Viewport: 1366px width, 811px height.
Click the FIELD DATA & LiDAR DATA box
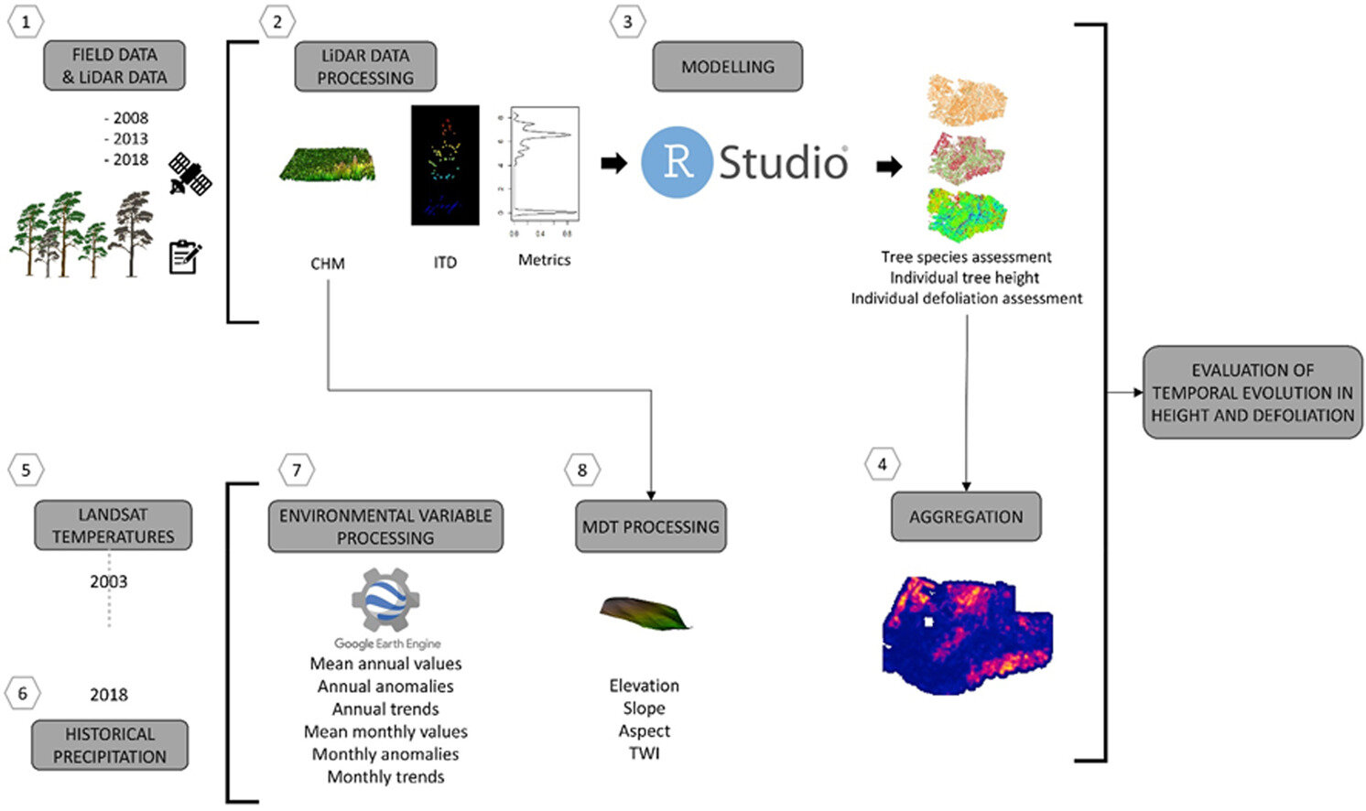114,66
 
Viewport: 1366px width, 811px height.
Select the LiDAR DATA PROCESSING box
365,67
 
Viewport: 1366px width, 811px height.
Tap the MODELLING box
727,67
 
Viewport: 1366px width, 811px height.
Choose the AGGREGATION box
966,516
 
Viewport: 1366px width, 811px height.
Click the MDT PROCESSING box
650,526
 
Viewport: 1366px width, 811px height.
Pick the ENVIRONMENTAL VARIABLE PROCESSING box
385,526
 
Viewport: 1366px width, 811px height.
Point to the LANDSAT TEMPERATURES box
113,525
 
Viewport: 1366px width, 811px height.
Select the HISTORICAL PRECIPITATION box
110,745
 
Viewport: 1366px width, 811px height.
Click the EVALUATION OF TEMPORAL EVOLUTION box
1252,393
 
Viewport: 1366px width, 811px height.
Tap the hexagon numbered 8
582,470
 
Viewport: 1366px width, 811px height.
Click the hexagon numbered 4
882,464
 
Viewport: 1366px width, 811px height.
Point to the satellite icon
190,175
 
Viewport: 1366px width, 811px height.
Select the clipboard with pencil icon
185,257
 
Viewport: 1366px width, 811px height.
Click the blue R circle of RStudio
677,162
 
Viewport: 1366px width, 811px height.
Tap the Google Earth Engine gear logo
385,600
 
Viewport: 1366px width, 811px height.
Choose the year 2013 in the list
129,138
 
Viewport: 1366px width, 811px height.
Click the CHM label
327,264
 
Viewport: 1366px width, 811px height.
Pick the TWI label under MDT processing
644,753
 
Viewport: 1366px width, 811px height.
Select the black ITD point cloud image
445,165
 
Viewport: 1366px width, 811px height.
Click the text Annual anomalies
385,687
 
